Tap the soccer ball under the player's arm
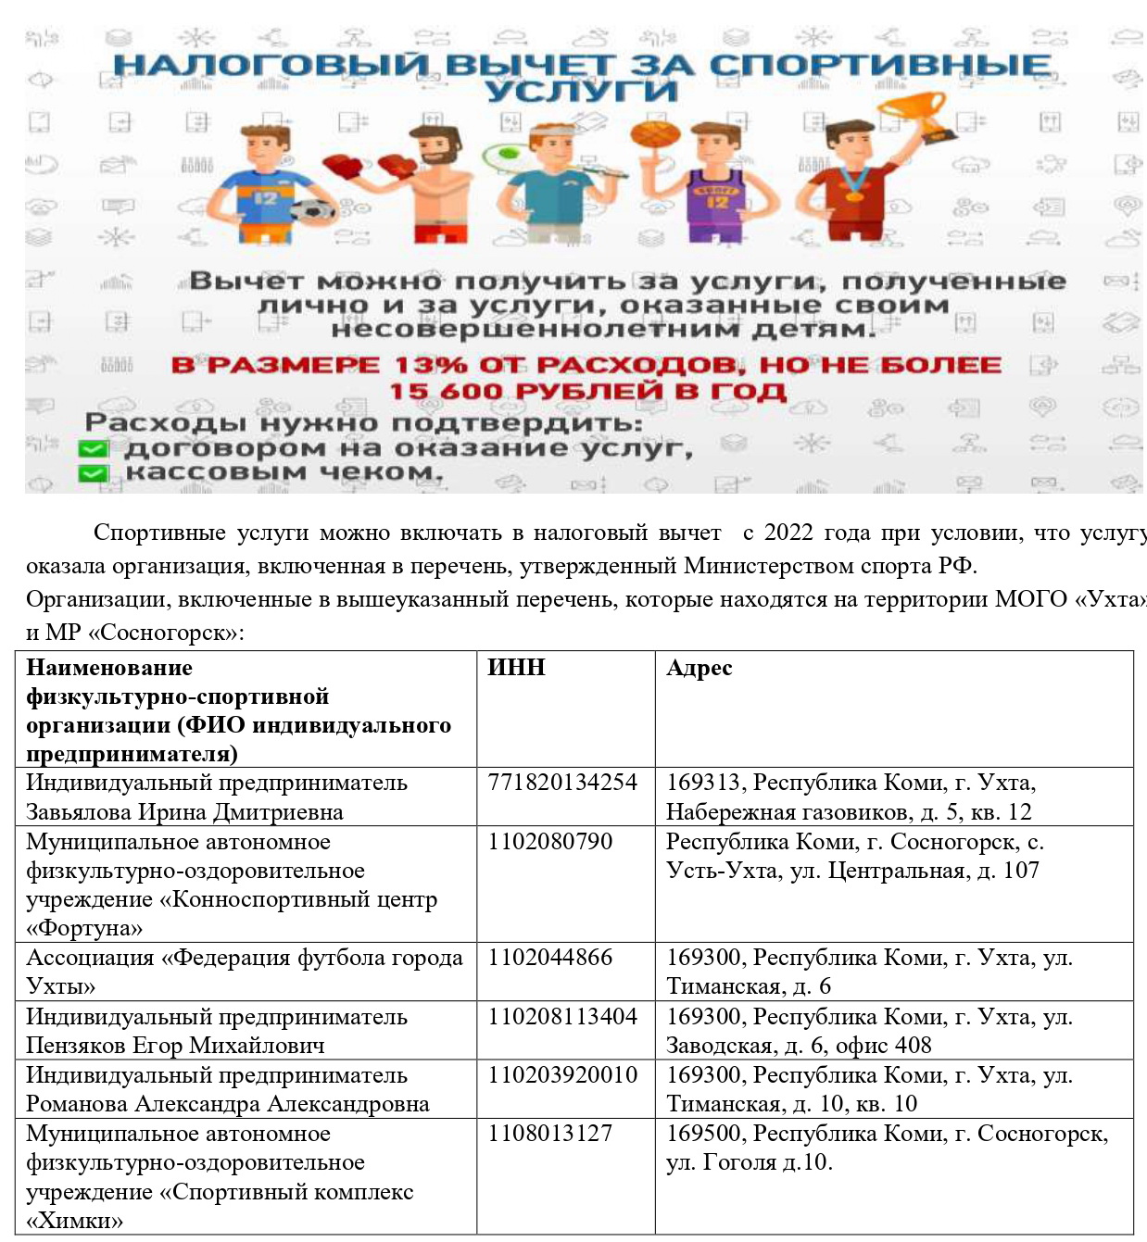(x=312, y=210)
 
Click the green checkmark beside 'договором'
(x=93, y=449)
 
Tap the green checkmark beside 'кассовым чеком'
(x=93, y=473)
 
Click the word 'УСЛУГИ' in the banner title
(x=581, y=91)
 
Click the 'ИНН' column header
(x=516, y=668)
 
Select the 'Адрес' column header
(x=699, y=668)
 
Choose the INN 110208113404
(x=562, y=1017)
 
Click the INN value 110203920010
(x=562, y=1075)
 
